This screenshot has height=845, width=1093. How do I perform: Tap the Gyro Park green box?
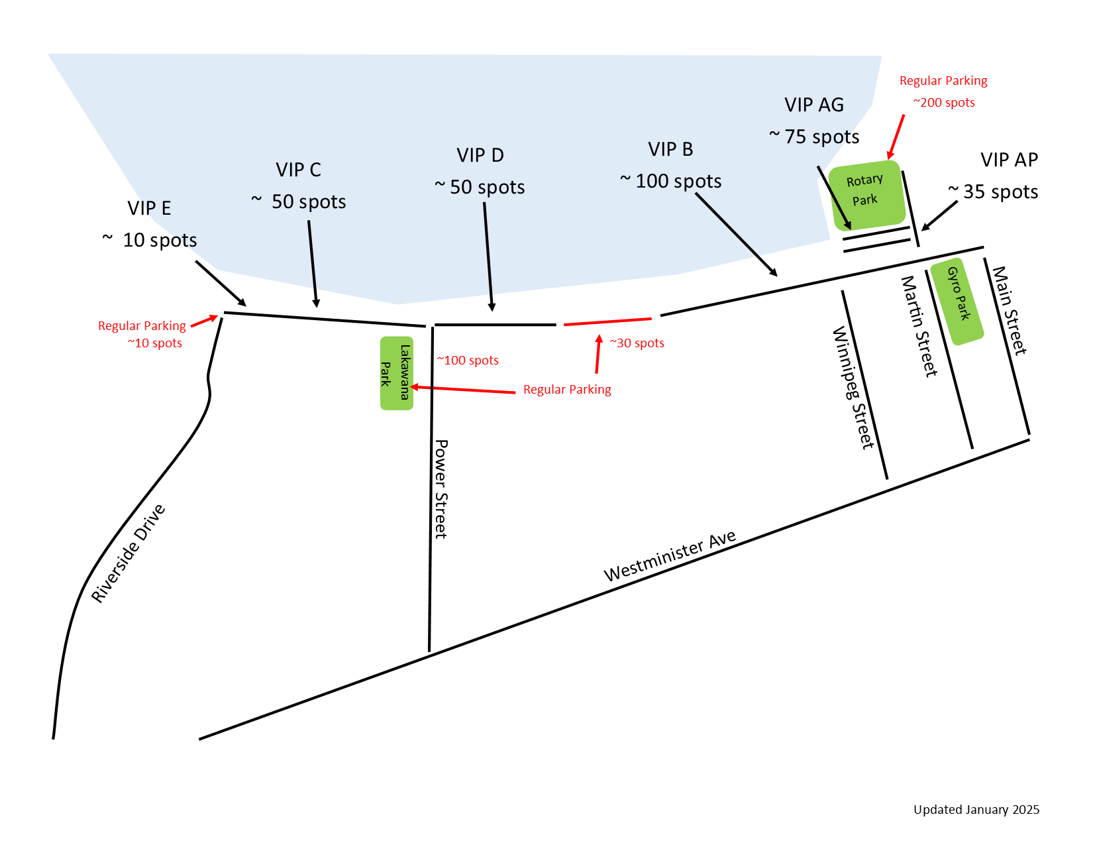pyautogui.click(x=957, y=302)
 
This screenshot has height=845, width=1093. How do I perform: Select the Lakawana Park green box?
pyautogui.click(x=396, y=373)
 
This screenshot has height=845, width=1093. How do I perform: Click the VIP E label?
pyautogui.click(x=149, y=208)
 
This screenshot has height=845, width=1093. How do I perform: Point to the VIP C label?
pyautogui.click(x=298, y=170)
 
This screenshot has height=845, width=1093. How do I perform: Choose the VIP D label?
pyautogui.click(x=480, y=155)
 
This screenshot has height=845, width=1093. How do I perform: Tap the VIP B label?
pyautogui.click(x=670, y=150)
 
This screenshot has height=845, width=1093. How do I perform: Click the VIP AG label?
pyautogui.click(x=814, y=105)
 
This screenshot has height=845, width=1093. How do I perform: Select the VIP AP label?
pyautogui.click(x=1009, y=160)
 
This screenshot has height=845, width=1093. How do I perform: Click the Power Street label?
pyautogui.click(x=441, y=489)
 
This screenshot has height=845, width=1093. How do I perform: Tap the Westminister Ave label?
pyautogui.click(x=670, y=555)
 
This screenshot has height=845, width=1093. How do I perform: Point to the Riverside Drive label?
pyautogui.click(x=128, y=553)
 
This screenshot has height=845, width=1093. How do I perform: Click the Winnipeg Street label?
pyautogui.click(x=853, y=388)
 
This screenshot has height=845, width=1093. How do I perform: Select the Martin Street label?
pyautogui.click(x=919, y=326)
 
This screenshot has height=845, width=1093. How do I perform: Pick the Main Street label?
pyautogui.click(x=1009, y=310)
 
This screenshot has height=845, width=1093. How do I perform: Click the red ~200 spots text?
pyautogui.click(x=944, y=103)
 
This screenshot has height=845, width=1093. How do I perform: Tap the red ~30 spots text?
pyautogui.click(x=637, y=343)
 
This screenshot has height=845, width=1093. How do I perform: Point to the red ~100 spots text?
pyautogui.click(x=468, y=361)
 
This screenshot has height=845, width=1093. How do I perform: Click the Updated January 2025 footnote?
pyautogui.click(x=976, y=809)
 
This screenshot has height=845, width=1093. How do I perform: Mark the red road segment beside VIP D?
pyautogui.click(x=607, y=321)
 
